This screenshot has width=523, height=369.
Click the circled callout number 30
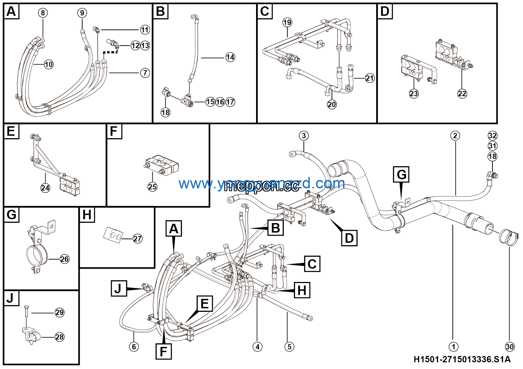[x=509, y=347]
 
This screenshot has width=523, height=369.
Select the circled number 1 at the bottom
[x=453, y=347]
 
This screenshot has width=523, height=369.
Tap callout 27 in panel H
[x=137, y=239]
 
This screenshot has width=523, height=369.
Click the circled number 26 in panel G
[x=64, y=259]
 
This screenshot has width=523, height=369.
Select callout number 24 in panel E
[x=45, y=188]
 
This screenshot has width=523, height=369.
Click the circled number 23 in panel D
[x=414, y=94]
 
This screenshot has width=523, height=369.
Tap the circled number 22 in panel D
[x=462, y=94]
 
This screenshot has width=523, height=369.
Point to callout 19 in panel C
[x=287, y=22]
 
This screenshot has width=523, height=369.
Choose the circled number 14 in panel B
[x=230, y=57]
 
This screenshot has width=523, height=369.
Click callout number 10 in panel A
[x=49, y=65]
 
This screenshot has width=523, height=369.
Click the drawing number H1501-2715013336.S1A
[x=462, y=359]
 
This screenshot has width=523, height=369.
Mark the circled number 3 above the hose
[x=303, y=136]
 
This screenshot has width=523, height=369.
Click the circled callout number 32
[x=492, y=136]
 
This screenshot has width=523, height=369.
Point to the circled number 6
[x=134, y=347]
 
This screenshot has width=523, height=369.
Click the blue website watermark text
[x=262, y=183]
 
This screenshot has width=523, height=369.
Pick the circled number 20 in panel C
[x=332, y=104]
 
